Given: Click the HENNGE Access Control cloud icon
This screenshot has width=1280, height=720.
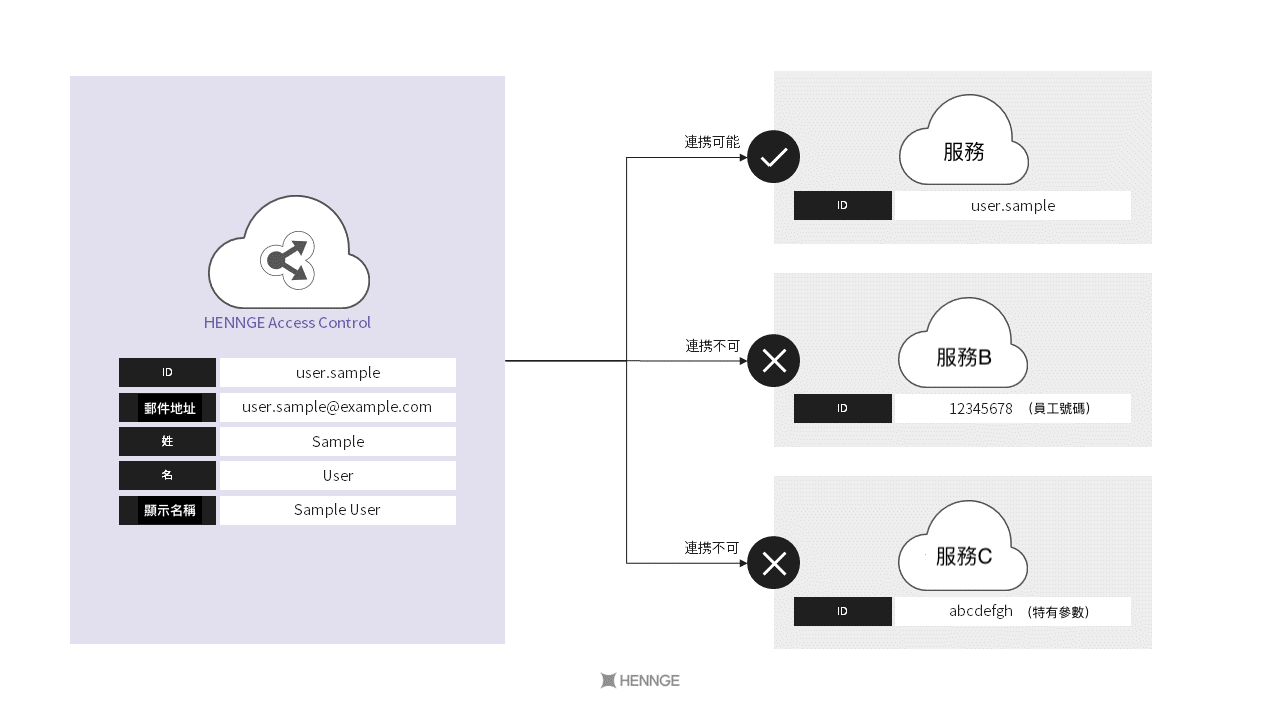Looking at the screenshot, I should tap(288, 254).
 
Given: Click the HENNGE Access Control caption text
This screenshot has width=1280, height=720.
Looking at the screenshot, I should tap(287, 323).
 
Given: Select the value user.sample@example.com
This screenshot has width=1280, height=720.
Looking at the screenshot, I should tap(337, 407).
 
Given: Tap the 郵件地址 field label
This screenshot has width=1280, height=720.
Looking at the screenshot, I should tap(169, 408).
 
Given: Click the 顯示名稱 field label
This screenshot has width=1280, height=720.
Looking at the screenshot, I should tap(169, 510).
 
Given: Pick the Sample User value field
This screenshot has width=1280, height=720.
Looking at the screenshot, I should tap(337, 510).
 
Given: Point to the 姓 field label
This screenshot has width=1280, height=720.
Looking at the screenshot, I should tap(167, 441).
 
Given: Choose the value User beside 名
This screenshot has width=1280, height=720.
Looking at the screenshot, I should tap(337, 476).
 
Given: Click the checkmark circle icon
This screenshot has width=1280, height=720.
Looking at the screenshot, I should tap(774, 157).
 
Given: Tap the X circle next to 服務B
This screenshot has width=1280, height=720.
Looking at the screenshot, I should tap(774, 361).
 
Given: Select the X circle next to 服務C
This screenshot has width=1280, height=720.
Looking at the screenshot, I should tap(774, 563).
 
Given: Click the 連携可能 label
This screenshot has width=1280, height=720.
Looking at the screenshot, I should tap(712, 142).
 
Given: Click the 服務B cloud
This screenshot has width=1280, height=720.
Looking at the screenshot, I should tap(963, 345).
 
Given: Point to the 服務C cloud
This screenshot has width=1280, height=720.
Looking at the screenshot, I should tap(963, 548).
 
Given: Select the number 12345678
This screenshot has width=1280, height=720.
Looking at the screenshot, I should tap(981, 409).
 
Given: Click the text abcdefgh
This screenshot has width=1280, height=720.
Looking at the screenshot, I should tap(981, 611).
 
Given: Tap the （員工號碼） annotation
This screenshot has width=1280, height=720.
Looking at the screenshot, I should tap(1059, 409).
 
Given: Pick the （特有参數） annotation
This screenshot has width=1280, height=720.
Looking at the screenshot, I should tap(1058, 612).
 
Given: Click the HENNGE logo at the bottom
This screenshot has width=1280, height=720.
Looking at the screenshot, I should tap(640, 681).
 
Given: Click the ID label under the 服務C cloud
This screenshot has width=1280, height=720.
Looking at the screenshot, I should tap(842, 611).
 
